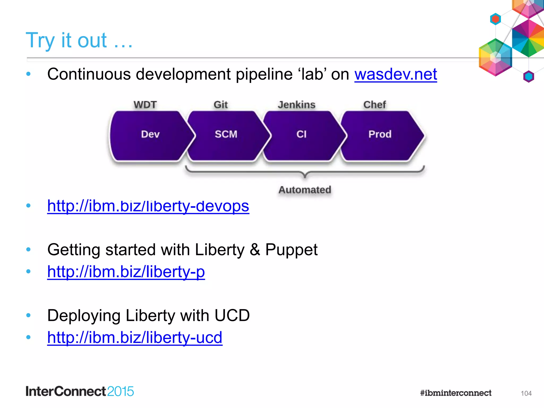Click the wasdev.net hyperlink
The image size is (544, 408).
[x=396, y=74]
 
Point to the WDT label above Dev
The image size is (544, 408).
[x=145, y=105]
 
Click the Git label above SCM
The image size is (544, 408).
[x=221, y=105]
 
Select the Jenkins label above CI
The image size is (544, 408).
[x=296, y=105]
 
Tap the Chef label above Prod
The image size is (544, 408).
[x=375, y=105]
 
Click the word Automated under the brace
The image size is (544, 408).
[x=305, y=190]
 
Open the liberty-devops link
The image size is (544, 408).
[x=148, y=206]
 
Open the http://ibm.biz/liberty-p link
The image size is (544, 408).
[x=126, y=272]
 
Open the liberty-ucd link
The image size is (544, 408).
[x=135, y=338]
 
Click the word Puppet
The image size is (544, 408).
[x=291, y=250]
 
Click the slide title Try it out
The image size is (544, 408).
[x=79, y=40]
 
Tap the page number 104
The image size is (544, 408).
[x=526, y=393]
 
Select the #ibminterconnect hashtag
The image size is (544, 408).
[x=456, y=393]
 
